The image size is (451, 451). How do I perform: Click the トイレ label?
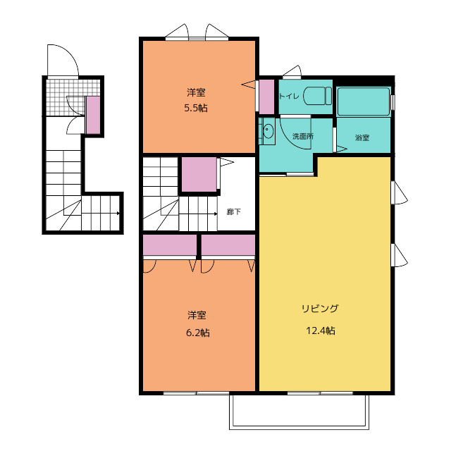pyautogui.click(x=289, y=96)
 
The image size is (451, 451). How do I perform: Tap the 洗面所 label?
pyautogui.click(x=303, y=136)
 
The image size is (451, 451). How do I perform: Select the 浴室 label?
pyautogui.click(x=362, y=137)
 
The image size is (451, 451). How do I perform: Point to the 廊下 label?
pyautogui.click(x=233, y=212)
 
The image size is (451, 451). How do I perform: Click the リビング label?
pyautogui.click(x=320, y=309)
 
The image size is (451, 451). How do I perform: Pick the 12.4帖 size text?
pyautogui.click(x=321, y=330)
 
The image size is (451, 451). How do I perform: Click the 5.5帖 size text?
pyautogui.click(x=196, y=108)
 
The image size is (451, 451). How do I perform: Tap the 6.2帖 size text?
pyautogui.click(x=198, y=333)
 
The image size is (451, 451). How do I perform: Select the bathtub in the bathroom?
pyautogui.click(x=364, y=101)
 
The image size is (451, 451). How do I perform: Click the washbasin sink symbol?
pyautogui.click(x=267, y=131)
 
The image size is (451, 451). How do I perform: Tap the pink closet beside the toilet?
pyautogui.click(x=266, y=97)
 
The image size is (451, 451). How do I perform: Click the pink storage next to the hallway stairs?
pyautogui.click(x=199, y=174)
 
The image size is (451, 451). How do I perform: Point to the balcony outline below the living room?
pyautogui.click(x=299, y=428)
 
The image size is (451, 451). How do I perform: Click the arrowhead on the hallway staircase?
pyautogui.click(x=215, y=214)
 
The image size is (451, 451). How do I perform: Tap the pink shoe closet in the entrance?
pyautogui.click(x=93, y=115)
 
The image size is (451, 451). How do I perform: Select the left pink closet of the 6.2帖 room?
pyautogui.click(x=170, y=245)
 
